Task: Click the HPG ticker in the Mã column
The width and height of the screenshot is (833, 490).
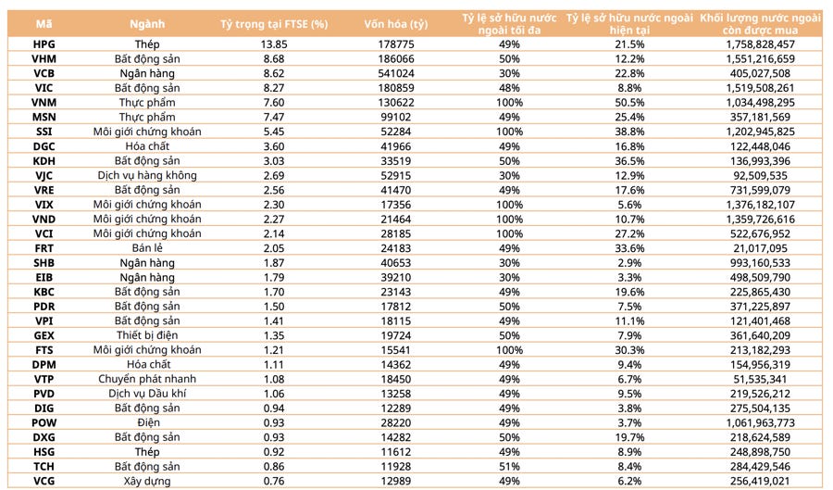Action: pos(44,44)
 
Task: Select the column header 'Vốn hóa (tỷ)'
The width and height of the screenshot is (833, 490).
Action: pos(396,22)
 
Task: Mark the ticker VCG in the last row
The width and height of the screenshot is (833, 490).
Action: pos(44,482)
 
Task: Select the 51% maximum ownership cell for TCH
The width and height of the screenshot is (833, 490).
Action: pos(505,467)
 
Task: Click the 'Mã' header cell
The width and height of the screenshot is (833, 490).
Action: pos(44,22)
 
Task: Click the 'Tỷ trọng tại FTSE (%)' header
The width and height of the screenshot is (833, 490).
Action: pos(275,22)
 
